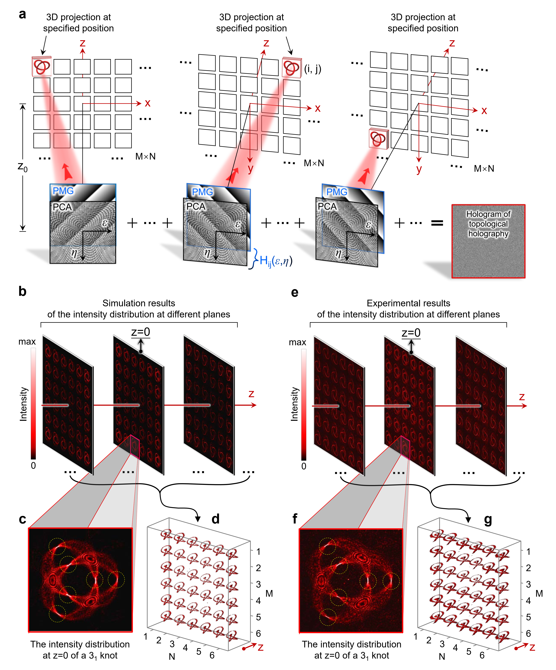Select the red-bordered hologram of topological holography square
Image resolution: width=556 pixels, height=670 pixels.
(488, 241)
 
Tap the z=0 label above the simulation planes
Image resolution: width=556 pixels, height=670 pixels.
(141, 332)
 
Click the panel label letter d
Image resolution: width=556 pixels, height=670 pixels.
(216, 519)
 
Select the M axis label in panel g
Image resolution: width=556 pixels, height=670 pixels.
(539, 593)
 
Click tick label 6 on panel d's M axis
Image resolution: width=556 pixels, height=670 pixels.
(258, 633)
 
